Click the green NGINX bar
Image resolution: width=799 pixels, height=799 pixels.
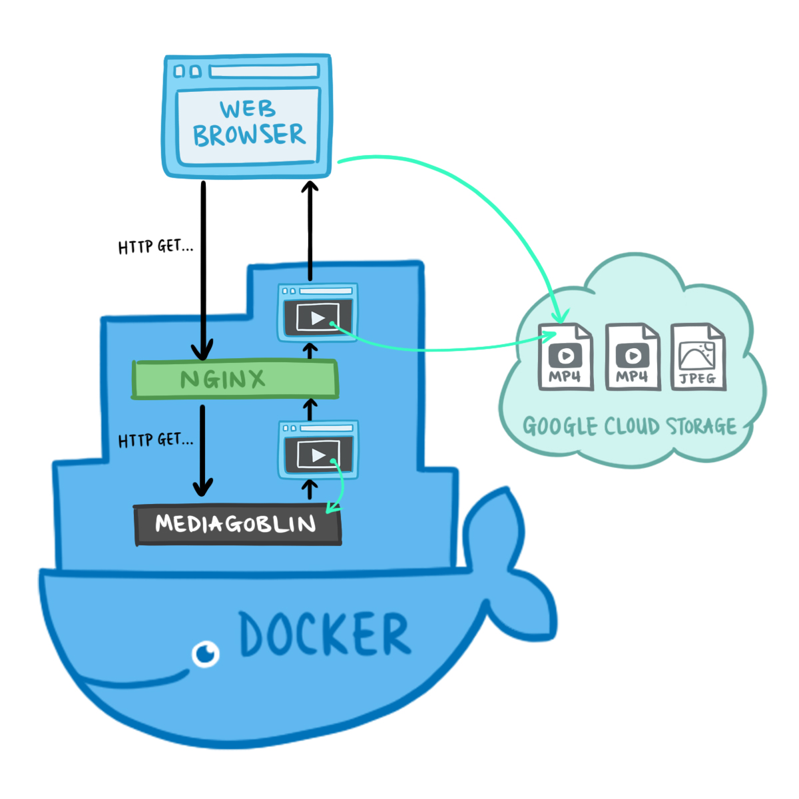235,380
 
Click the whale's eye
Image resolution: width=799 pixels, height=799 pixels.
206,653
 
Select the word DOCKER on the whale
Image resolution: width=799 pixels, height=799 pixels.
324,634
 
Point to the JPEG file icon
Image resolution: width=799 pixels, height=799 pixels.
698,357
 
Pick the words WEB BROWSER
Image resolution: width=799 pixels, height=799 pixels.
248,123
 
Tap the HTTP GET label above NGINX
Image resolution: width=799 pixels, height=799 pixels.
155,246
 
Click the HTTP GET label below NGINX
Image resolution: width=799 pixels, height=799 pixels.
155,440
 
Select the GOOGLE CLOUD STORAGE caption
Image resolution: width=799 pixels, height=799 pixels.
629,426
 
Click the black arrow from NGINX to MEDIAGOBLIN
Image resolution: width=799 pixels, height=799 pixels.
203,453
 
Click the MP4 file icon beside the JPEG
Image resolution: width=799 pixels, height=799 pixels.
632,357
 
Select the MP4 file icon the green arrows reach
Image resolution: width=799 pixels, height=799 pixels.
565,357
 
